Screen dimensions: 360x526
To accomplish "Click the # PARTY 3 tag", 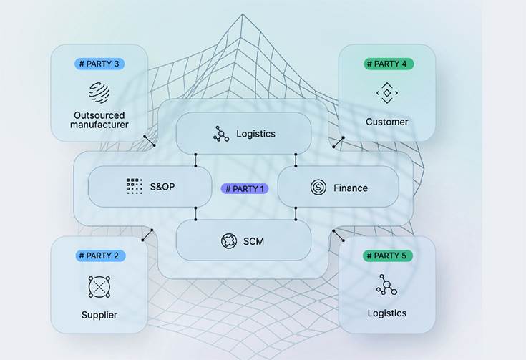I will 99,64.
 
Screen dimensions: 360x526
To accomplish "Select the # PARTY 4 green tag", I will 388,64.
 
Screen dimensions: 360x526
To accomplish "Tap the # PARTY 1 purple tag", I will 244,189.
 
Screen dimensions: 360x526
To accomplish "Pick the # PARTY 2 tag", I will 99,256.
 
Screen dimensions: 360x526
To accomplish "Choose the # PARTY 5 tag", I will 388,256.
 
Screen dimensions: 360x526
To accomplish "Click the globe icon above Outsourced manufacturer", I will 99,93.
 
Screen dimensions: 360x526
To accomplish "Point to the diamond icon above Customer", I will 387,94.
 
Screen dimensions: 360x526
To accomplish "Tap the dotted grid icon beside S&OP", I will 134,187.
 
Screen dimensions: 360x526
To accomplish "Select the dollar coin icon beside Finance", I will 318,188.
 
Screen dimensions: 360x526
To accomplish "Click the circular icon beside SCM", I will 229,241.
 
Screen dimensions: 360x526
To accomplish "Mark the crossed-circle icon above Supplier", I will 99,286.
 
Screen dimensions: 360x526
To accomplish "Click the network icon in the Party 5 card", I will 386,285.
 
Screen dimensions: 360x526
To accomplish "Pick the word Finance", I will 351,188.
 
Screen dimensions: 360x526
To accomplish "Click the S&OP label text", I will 162,187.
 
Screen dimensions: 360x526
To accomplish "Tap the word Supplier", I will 99,315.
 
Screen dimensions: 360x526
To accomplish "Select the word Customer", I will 387,122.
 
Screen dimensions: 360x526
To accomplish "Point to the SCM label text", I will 253,241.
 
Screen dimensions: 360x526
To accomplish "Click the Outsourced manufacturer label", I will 99,120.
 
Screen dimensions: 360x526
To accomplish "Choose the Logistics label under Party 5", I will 387,313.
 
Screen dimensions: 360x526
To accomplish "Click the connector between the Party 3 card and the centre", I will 149,140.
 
